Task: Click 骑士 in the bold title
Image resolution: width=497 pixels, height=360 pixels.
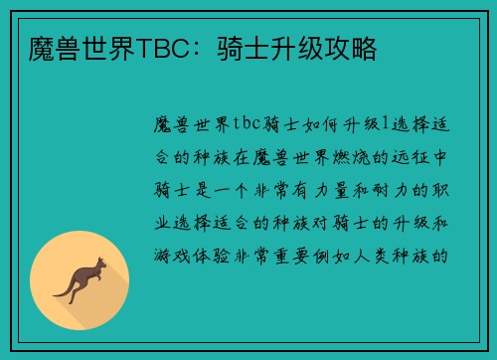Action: pos(256,48)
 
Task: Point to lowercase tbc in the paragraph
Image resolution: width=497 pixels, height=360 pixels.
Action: pos(246,123)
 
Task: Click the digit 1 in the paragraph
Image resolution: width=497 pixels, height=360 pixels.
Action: pos(372,123)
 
